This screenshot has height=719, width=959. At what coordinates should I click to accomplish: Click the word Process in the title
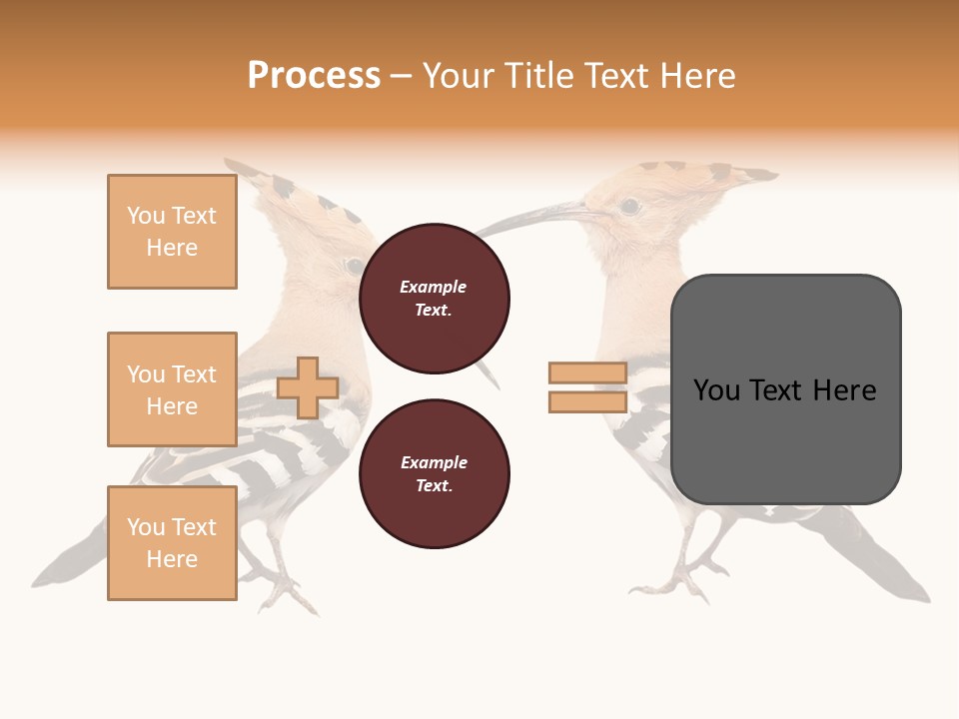(314, 76)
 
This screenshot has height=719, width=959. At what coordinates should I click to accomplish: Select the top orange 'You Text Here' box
(172, 232)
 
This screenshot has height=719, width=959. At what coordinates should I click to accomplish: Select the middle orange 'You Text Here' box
(172, 389)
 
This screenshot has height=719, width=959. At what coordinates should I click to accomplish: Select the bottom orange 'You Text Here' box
(172, 543)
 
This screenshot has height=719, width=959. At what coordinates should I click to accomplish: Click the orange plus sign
(308, 387)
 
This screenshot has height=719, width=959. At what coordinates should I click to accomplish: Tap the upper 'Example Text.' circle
(435, 299)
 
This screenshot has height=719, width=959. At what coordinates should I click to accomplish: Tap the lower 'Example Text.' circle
(435, 474)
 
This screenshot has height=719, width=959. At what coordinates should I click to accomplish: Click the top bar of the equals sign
(587, 373)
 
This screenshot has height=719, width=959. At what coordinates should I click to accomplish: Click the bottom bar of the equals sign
(587, 402)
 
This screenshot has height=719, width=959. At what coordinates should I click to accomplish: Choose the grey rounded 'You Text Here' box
(785, 389)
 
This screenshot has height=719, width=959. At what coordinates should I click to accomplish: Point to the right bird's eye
(629, 207)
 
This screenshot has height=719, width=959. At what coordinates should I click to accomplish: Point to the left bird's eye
(354, 266)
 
